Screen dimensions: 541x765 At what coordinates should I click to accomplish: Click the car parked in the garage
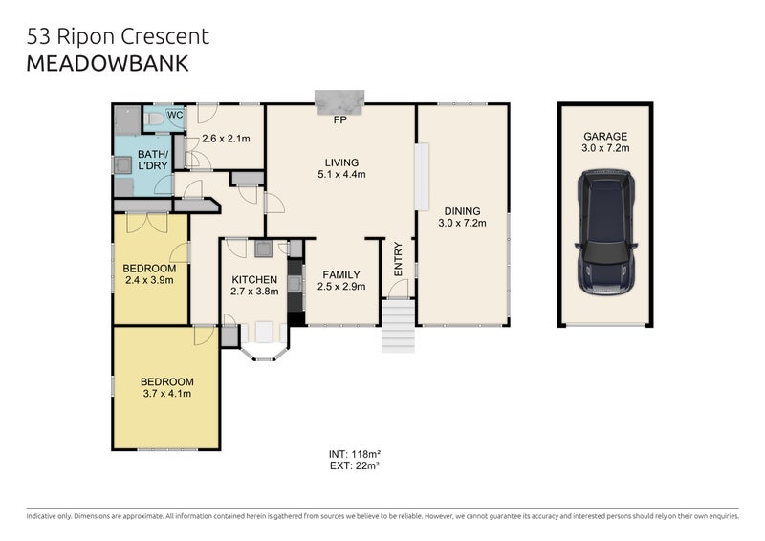606,231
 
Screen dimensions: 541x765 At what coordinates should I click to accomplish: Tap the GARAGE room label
605,137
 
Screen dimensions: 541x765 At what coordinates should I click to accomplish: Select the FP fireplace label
339,122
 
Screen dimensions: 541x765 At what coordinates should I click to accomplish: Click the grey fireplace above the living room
339,100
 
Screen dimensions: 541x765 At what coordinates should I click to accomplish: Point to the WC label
175,116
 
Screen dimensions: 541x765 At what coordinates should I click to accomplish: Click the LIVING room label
339,162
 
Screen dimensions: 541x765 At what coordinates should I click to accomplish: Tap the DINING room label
462,211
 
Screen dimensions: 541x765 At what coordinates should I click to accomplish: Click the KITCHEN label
253,280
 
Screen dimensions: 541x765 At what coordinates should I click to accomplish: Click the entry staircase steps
398,326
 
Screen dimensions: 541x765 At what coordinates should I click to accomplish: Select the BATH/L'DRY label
153,160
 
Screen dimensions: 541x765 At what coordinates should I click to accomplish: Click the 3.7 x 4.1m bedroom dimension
167,393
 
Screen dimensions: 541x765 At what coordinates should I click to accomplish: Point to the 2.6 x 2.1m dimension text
226,139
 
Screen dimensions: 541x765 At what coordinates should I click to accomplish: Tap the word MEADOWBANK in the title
107,64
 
